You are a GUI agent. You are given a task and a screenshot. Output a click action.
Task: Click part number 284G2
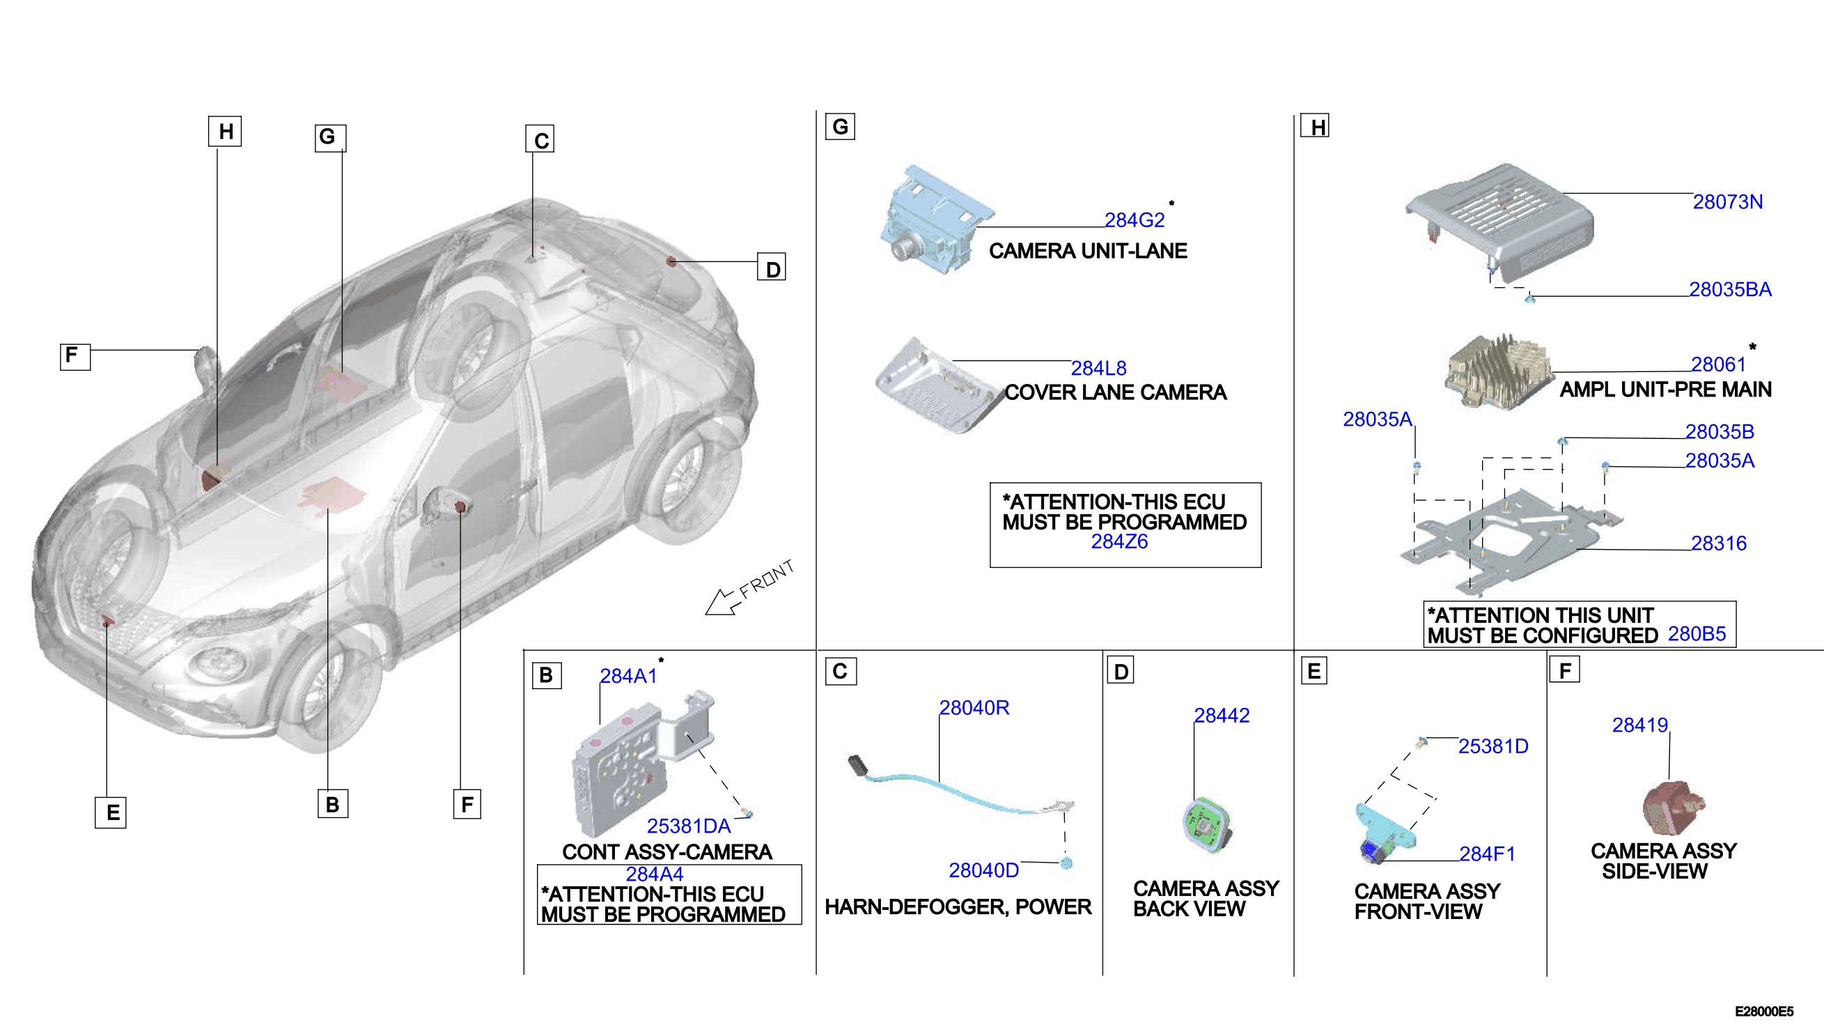[1134, 220]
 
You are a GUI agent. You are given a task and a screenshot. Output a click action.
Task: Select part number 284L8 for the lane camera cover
[1098, 368]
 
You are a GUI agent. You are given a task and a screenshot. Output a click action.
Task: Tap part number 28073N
[1726, 201]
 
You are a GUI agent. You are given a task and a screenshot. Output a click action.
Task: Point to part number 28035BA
[1729, 290]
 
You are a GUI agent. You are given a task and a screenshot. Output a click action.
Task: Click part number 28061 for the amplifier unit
[1717, 364]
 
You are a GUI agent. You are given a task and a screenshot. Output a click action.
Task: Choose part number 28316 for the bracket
[1718, 543]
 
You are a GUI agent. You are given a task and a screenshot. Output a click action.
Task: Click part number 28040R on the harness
[974, 707]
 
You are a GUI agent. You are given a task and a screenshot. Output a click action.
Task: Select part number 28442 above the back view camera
[1222, 715]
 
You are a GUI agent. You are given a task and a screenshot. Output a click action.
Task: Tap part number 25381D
[1492, 746]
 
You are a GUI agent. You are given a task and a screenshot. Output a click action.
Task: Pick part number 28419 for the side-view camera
[1639, 725]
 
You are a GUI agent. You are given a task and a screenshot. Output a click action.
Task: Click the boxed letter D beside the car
[772, 268]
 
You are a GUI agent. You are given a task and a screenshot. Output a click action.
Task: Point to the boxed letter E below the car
[111, 812]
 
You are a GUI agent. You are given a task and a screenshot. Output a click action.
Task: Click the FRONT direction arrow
[723, 602]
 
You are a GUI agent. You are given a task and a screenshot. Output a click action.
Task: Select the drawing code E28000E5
[1763, 1011]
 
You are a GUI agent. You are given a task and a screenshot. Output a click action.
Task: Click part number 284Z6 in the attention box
[1119, 542]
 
